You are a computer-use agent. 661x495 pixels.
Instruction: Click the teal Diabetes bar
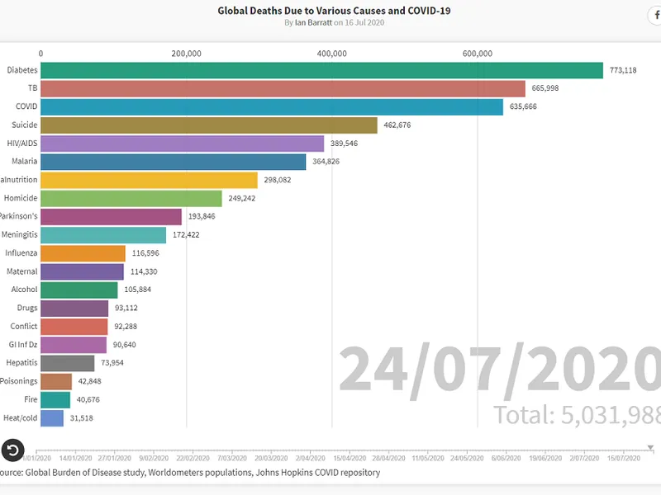pos(321,70)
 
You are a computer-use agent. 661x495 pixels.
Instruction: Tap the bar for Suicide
pos(208,125)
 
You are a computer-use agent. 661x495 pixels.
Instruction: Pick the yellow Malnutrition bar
pos(149,179)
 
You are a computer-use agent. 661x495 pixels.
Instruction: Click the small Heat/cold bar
pos(52,417)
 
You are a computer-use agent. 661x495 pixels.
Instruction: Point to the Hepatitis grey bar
pos(68,363)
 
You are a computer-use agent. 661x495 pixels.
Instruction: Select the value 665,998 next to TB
pos(546,88)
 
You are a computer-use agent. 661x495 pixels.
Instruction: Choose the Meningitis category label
pos(19,234)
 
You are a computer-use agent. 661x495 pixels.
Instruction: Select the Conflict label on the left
pos(22,326)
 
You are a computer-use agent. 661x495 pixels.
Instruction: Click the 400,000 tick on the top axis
pos(331,54)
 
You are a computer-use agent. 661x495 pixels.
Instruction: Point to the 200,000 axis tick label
pos(187,54)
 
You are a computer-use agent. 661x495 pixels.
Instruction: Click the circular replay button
pos(12,450)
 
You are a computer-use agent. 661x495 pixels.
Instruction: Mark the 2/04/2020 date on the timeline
pos(310,458)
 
